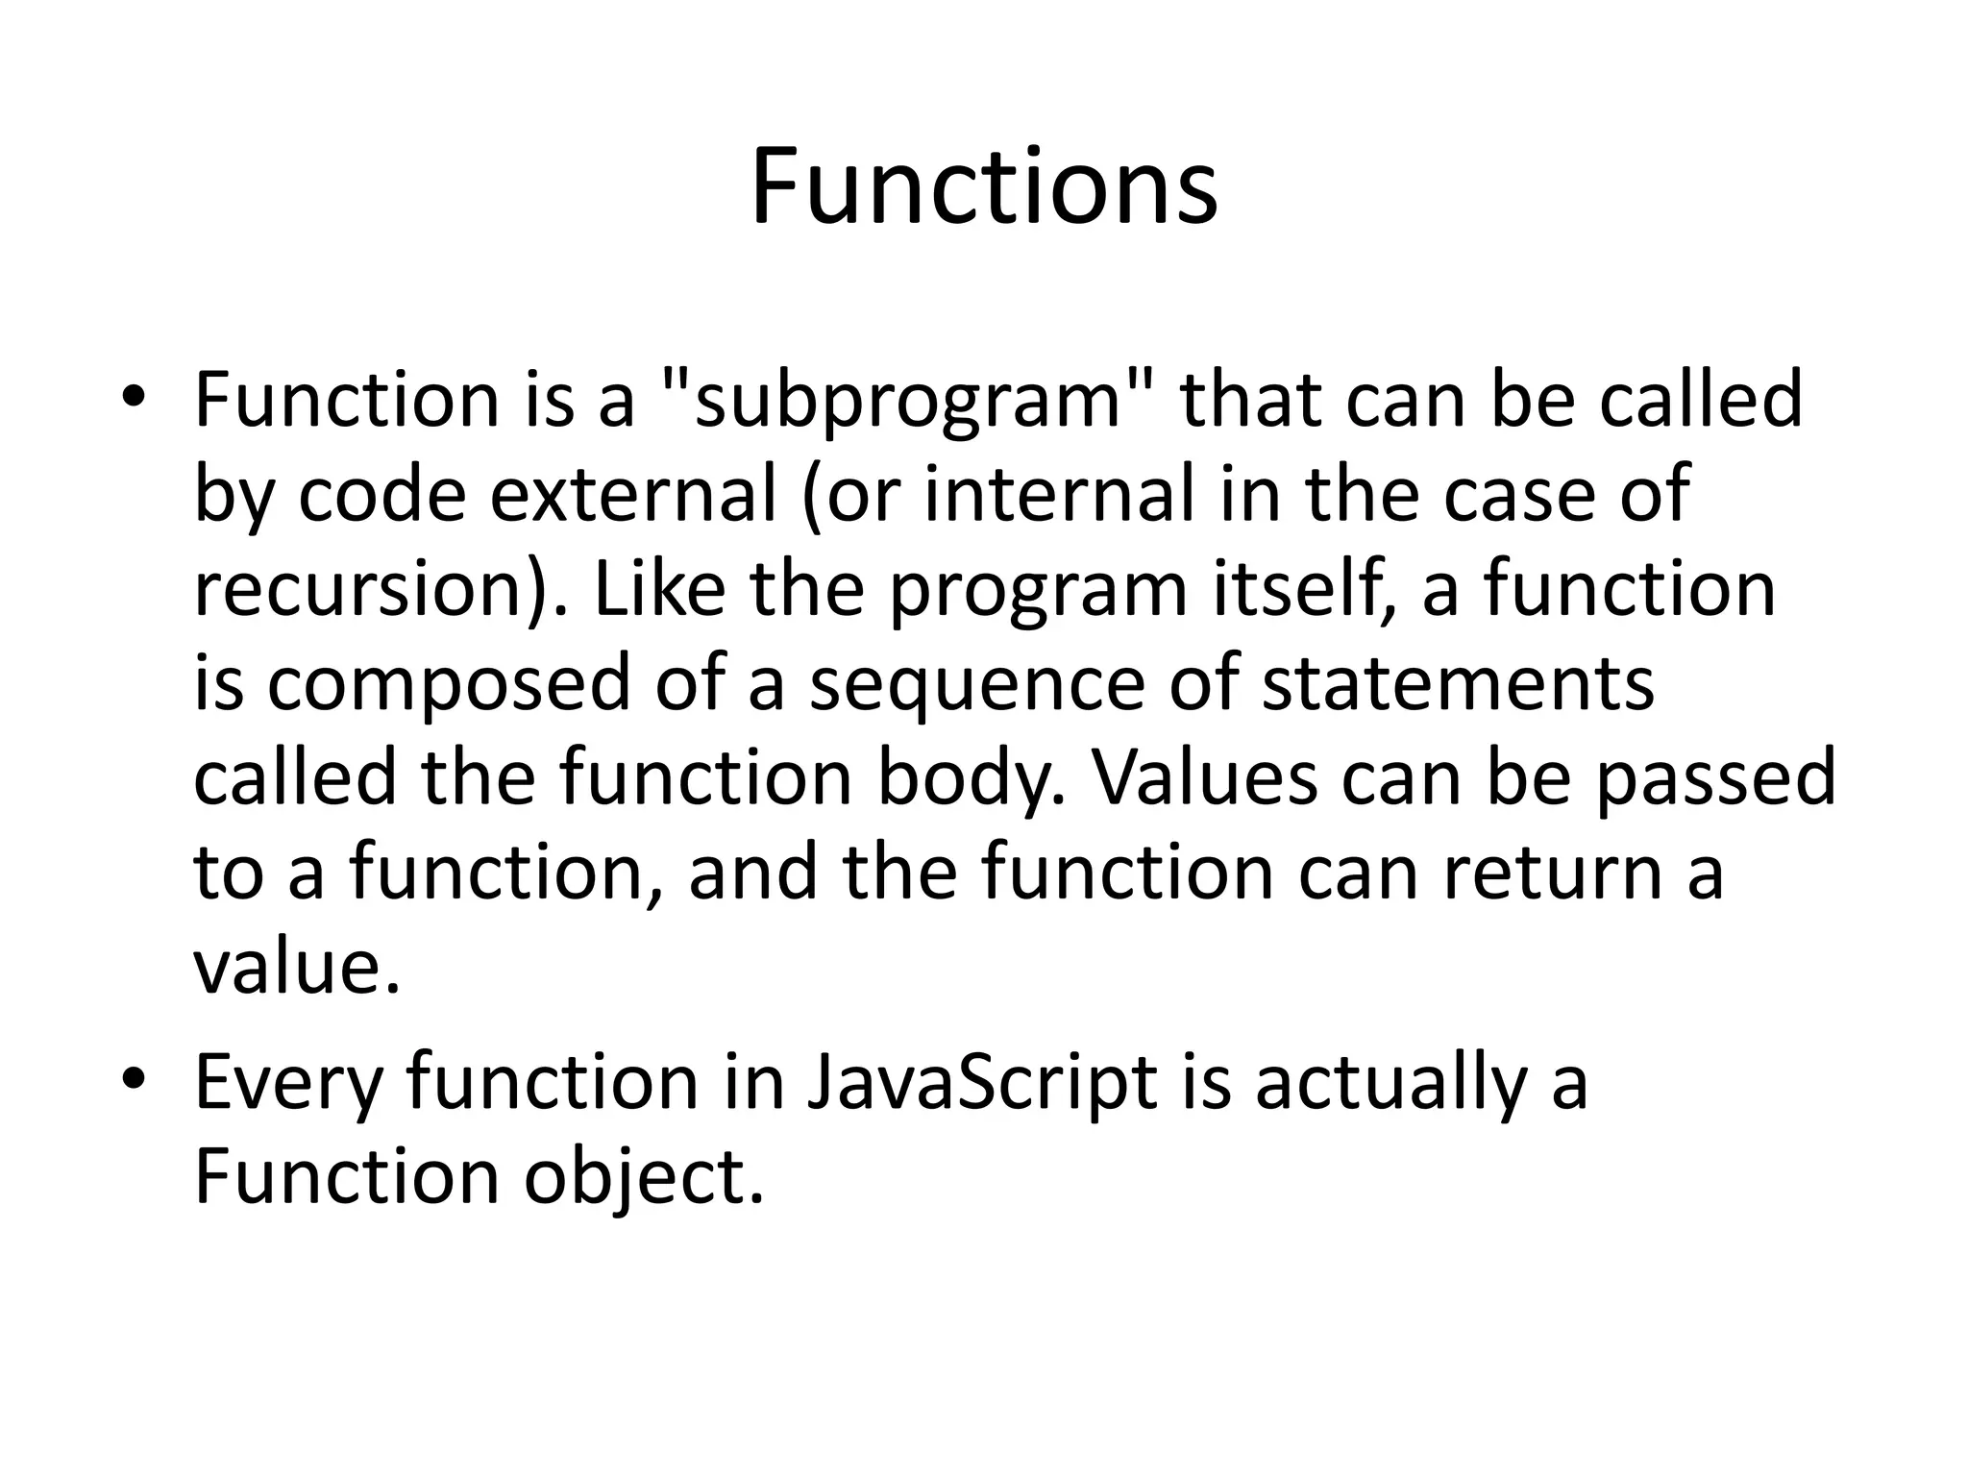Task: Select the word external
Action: pyautogui.click(x=633, y=495)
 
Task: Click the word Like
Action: pyautogui.click(x=659, y=589)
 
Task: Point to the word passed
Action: pyautogui.click(x=1715, y=778)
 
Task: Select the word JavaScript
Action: pyautogui.click(x=981, y=1083)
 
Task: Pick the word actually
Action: pyautogui.click(x=1390, y=1083)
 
